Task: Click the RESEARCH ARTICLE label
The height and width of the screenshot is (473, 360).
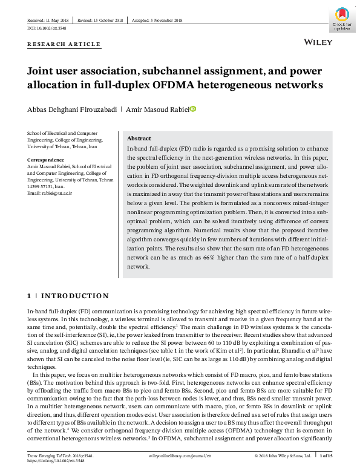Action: pyautogui.click(x=64, y=44)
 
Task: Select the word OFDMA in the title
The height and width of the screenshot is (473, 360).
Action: pyautogui.click(x=177, y=84)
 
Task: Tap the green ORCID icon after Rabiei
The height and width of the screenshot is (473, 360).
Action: pyautogui.click(x=194, y=109)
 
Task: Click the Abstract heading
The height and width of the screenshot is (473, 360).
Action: pyautogui.click(x=139, y=139)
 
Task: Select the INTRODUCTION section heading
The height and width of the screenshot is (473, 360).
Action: pyautogui.click(x=74, y=296)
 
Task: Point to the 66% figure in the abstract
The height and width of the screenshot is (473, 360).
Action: pyautogui.click(x=209, y=258)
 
